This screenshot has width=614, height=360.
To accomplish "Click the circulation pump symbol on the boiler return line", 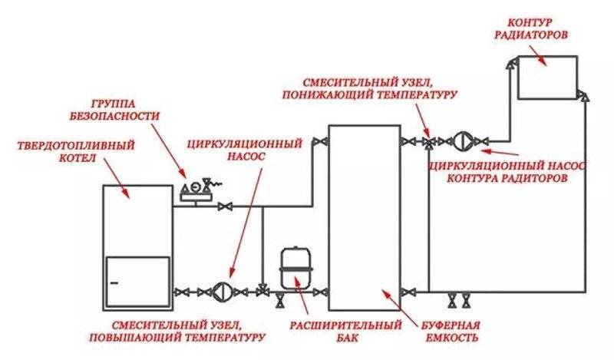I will [222, 291].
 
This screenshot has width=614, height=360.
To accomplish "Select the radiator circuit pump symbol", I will [464, 141].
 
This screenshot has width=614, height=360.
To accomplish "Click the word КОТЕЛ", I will [78, 160].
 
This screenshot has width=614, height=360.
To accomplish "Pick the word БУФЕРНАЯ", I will [454, 323].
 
